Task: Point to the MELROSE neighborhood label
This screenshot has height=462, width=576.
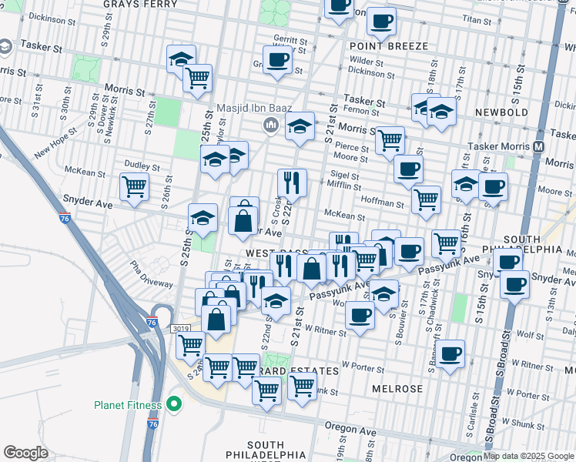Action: click(x=397, y=389)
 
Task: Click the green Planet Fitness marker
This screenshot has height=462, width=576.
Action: click(x=175, y=404)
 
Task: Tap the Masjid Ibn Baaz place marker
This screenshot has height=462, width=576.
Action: click(x=270, y=126)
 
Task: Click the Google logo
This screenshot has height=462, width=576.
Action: click(x=25, y=453)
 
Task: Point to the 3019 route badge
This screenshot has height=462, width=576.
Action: click(x=180, y=329)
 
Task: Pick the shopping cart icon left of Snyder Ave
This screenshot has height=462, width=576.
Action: click(x=134, y=186)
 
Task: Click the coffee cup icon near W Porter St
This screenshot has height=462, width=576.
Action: click(x=452, y=353)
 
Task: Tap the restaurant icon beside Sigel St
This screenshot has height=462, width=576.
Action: click(x=292, y=183)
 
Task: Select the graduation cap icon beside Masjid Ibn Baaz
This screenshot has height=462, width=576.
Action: click(x=300, y=126)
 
